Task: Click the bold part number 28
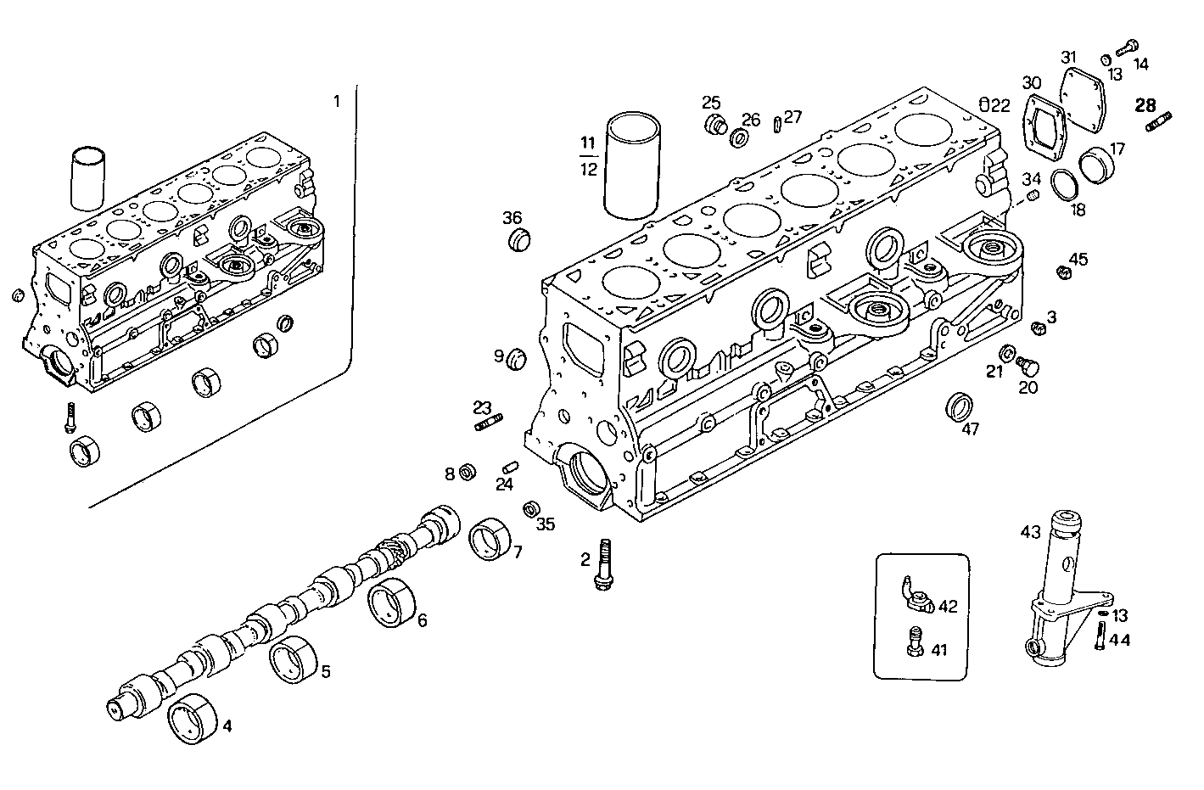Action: [x=1145, y=105]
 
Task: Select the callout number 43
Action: [x=1029, y=532]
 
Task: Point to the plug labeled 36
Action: [x=518, y=240]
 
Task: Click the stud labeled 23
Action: [x=489, y=421]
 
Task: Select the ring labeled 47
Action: [x=960, y=406]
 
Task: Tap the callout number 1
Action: [x=336, y=102]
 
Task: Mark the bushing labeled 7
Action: [x=490, y=539]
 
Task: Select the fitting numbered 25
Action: [x=715, y=125]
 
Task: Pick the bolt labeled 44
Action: [x=1100, y=636]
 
